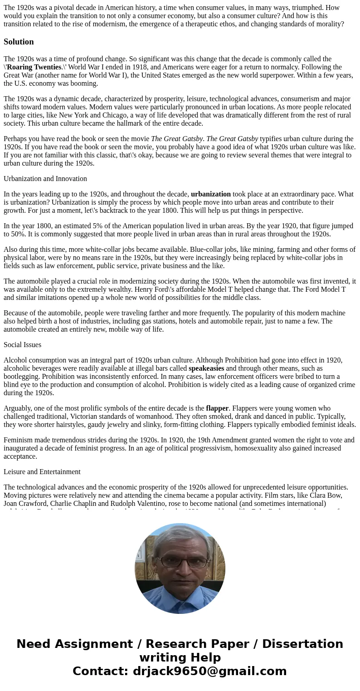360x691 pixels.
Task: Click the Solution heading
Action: coord(19,42)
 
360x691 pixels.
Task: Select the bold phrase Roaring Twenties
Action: coord(34,67)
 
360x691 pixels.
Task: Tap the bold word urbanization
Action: coord(211,194)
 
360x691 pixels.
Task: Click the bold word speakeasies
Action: coord(206,368)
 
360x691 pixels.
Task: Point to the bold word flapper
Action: coord(217,408)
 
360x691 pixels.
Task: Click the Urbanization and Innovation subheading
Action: coord(45,179)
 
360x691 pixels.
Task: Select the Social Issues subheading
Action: coord(22,345)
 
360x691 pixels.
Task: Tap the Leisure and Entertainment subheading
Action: coord(42,472)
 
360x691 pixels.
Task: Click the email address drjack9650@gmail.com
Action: coord(209,671)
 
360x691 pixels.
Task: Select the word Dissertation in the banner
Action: coord(302,644)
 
